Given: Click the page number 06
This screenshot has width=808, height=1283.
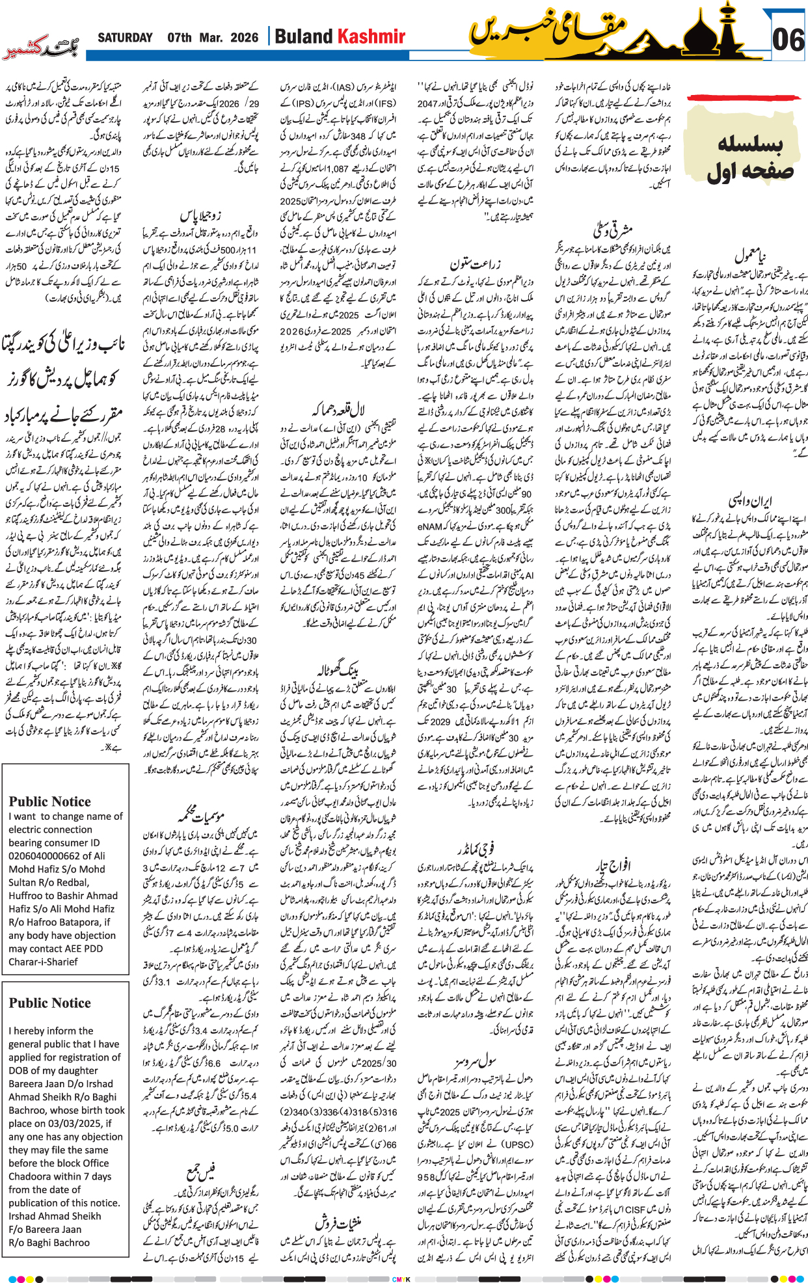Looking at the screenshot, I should pos(788,40).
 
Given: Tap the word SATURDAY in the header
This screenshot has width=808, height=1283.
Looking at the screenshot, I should pos(125,38).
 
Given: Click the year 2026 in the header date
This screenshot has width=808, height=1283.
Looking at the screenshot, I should pos(244,38).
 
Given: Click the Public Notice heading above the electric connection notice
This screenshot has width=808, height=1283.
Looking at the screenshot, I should pos(49,802).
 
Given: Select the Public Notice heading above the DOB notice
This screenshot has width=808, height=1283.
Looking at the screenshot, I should pos(49,1003).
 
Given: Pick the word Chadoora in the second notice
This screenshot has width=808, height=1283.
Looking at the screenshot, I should pos(33,1176).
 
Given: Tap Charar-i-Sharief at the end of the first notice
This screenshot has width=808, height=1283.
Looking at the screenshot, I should pos(43,962).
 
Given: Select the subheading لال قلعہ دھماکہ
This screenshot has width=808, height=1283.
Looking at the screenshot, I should pos(338,410).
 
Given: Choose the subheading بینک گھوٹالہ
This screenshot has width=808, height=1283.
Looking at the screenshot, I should pos(339,668).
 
